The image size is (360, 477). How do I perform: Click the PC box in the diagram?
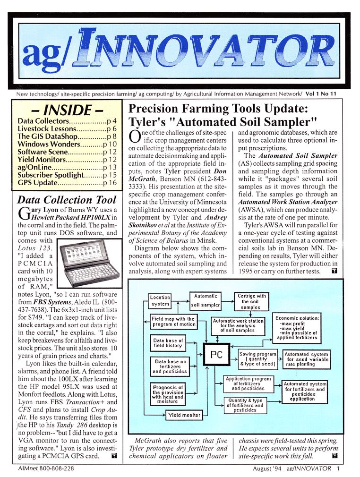[x=216, y=355]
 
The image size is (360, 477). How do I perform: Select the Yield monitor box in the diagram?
[x=184, y=416]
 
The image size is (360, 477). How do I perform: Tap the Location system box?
[x=160, y=300]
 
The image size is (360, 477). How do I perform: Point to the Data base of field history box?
[x=168, y=342]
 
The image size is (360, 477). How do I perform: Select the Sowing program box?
[x=257, y=358]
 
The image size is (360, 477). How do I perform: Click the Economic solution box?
[x=297, y=328]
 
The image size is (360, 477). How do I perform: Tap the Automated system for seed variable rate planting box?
[x=306, y=358]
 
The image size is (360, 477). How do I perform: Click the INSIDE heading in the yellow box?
[x=68, y=111]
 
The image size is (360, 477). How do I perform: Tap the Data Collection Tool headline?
[x=66, y=200]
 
